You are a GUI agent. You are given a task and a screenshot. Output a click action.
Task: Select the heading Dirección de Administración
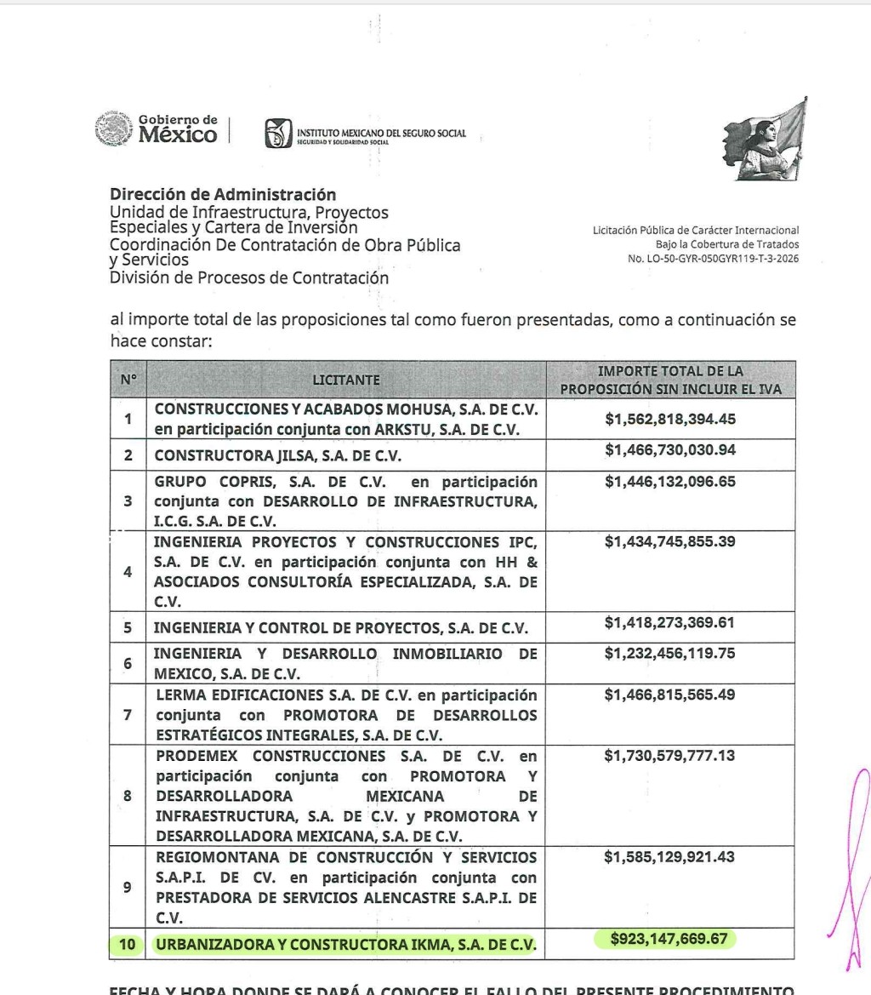click(223, 195)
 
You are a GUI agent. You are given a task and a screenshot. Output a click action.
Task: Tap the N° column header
click(128, 380)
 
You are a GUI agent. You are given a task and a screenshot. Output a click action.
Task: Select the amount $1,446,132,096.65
click(669, 483)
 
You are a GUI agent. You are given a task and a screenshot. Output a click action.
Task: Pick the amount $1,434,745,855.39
click(669, 541)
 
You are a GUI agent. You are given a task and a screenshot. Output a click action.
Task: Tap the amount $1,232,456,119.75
click(669, 654)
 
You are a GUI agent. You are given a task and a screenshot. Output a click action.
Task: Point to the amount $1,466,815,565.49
click(669, 695)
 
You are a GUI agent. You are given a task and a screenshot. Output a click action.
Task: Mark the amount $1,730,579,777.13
click(669, 755)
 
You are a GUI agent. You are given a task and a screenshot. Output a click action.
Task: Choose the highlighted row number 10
click(128, 943)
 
